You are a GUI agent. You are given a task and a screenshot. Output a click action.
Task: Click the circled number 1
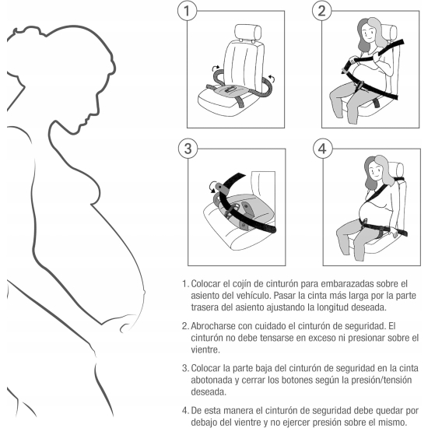pos(187,11)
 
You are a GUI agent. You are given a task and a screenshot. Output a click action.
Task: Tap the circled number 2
pos(322,11)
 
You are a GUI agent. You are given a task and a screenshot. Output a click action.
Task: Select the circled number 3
pos(188,149)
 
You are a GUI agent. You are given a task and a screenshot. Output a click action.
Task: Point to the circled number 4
pos(322,149)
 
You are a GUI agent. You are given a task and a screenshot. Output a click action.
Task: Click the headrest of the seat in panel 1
pos(247,32)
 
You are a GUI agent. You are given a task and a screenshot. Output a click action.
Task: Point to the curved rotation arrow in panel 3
pos(213,187)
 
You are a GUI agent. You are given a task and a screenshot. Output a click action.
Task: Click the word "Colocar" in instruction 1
pos(205,284)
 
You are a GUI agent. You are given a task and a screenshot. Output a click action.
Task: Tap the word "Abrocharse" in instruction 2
pos(213,326)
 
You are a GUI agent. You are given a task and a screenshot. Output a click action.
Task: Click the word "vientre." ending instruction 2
pos(205,349)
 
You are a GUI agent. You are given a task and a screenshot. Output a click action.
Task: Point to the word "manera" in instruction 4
pos(231,411)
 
